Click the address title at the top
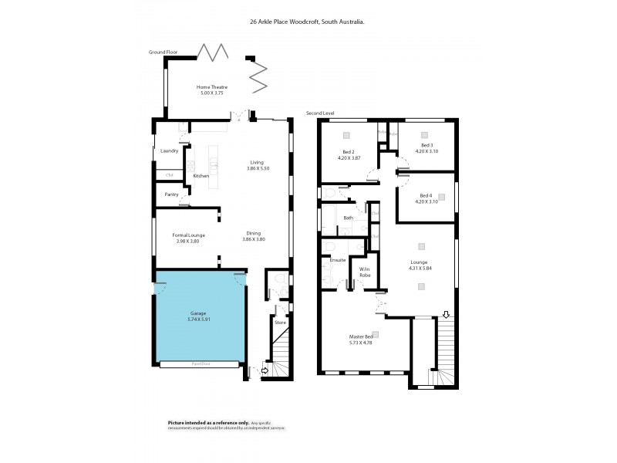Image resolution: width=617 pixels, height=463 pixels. click(307, 22)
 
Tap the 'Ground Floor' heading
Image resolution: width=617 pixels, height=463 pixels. click(164, 52)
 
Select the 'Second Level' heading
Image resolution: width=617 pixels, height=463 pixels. click(320, 113)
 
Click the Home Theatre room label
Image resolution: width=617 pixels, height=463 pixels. click(212, 87)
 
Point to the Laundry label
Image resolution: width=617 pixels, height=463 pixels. click(170, 150)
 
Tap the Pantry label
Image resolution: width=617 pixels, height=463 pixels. click(171, 194)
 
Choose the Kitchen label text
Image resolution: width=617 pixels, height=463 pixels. click(201, 176)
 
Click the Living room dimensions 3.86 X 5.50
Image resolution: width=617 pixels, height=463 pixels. click(256, 168)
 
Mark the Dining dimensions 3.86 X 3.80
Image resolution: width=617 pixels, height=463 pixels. click(255, 240)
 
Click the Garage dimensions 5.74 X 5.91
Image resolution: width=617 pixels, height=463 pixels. click(198, 319)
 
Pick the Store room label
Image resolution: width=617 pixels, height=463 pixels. click(280, 323)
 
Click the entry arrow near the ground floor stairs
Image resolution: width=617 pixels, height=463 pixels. click(266, 371)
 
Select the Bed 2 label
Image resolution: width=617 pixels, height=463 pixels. click(349, 152)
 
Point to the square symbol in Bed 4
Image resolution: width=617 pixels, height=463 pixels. click(441, 197)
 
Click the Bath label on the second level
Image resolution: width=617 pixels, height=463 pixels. click(349, 218)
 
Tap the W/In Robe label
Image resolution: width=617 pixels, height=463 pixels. click(366, 271)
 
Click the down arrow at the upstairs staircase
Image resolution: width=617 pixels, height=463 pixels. click(445, 314)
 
